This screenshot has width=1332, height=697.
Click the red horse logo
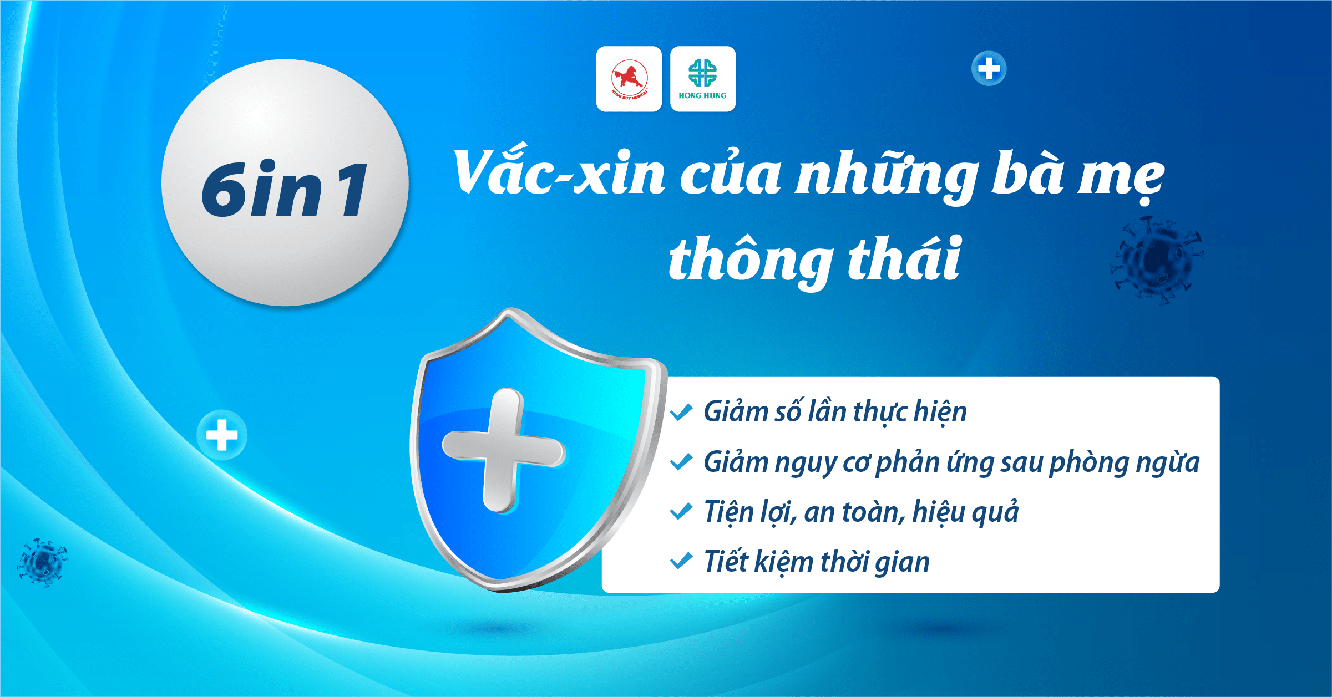point(629,79)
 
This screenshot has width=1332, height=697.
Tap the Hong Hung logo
point(703,79)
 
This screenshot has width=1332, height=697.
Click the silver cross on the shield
point(503,450)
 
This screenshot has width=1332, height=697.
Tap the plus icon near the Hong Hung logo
point(989,69)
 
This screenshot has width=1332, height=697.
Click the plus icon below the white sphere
point(222,435)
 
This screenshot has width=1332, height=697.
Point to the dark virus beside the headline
point(1157,260)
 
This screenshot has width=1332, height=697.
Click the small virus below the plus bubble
point(42,562)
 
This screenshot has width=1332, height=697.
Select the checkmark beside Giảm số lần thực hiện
point(681,411)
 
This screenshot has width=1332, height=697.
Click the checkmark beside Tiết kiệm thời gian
point(681,561)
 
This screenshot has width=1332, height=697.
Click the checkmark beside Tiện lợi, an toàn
point(681,511)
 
